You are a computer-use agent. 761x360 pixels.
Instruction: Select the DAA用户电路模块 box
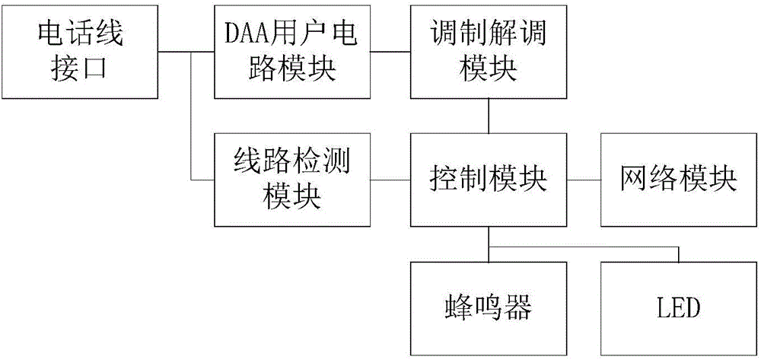pyautogui.click(x=292, y=51)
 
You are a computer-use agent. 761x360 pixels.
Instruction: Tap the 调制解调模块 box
pyautogui.click(x=488, y=51)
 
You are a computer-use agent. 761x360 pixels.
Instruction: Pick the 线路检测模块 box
pyautogui.click(x=292, y=180)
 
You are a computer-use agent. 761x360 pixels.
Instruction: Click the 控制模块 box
pyautogui.click(x=488, y=180)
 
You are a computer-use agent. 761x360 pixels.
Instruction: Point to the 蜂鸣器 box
pyautogui.click(x=488, y=308)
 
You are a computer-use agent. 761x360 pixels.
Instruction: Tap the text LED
pyautogui.click(x=678, y=309)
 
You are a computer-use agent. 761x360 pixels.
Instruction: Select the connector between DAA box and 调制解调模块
pyautogui.click(x=390, y=52)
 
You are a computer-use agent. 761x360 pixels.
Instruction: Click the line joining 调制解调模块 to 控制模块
pyautogui.click(x=488, y=116)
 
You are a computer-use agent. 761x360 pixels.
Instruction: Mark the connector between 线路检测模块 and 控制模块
pyautogui.click(x=390, y=180)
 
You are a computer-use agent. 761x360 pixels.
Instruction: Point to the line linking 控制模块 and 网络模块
pyautogui.click(x=584, y=180)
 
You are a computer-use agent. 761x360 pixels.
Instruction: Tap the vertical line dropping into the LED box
pyautogui.click(x=678, y=253)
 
